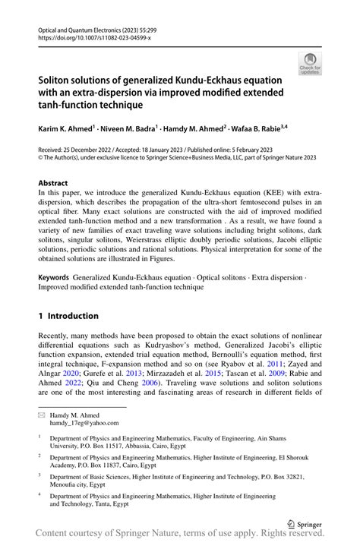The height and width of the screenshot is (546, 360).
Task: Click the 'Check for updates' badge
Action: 310,63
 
